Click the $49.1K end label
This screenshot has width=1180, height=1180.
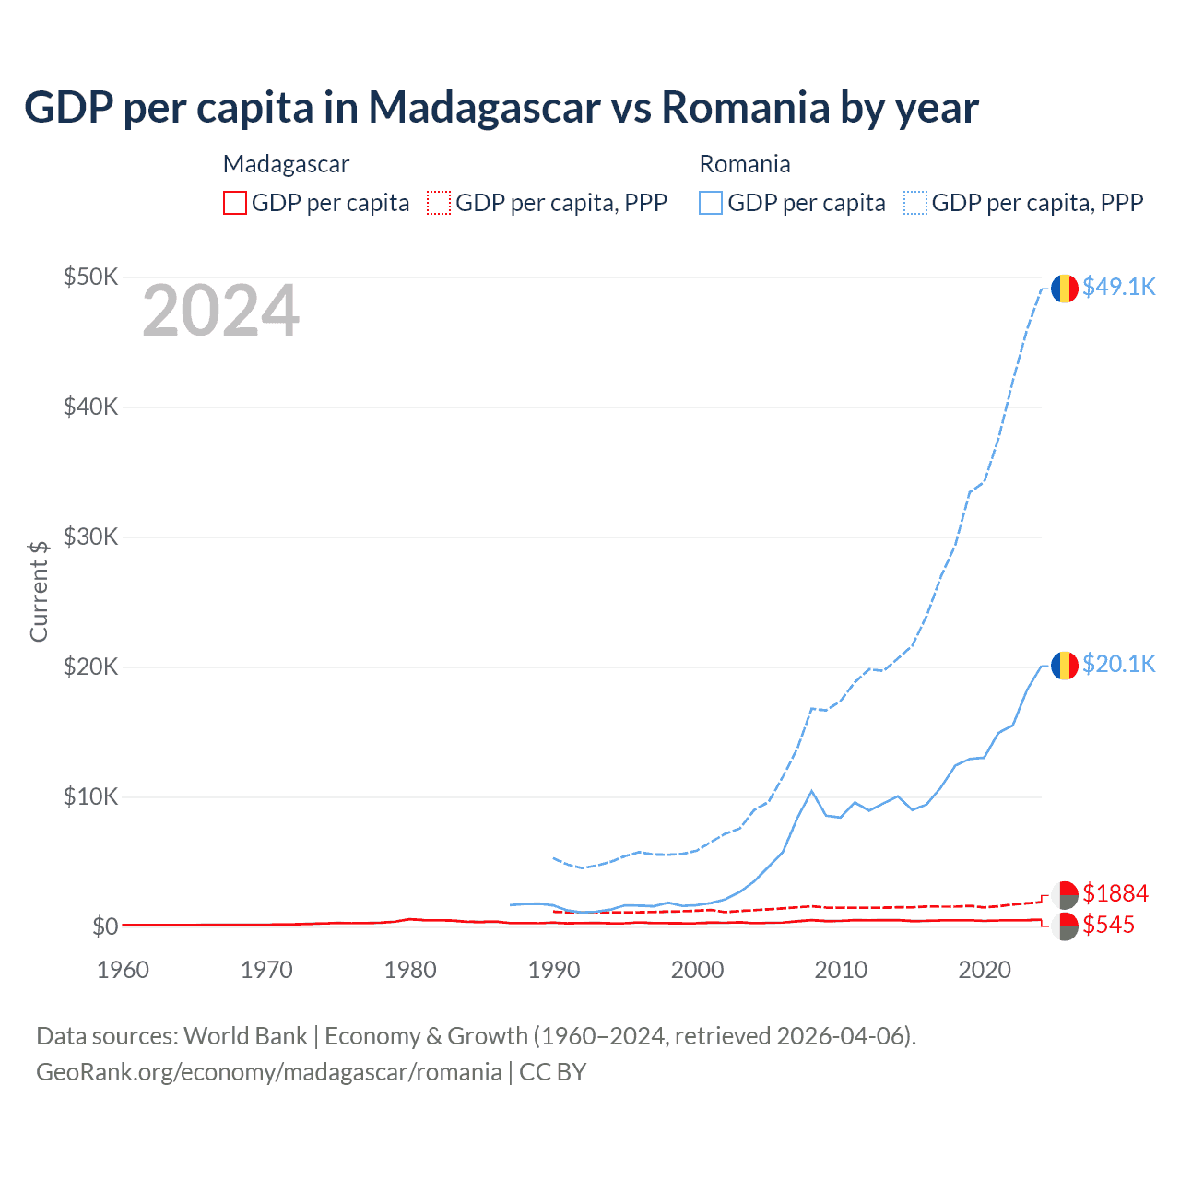pyautogui.click(x=1118, y=287)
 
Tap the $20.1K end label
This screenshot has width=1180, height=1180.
pyautogui.click(x=1118, y=664)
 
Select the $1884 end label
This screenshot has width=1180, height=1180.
pyautogui.click(x=1115, y=893)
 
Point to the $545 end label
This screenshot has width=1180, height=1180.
pyautogui.click(x=1108, y=925)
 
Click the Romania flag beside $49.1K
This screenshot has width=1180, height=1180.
pyautogui.click(x=1065, y=289)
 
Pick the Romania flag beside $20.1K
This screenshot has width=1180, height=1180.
pyautogui.click(x=1065, y=666)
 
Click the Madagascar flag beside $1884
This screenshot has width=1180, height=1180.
pyautogui.click(x=1065, y=895)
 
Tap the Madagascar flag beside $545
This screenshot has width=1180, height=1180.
pyautogui.click(x=1065, y=926)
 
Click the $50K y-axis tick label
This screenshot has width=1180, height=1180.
pyautogui.click(x=90, y=277)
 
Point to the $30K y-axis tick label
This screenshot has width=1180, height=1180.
pyautogui.click(x=90, y=537)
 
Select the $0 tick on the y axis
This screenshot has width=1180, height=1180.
pyautogui.click(x=105, y=926)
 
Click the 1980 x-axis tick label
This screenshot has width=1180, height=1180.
pyautogui.click(x=410, y=970)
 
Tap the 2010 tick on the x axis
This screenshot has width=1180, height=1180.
pyautogui.click(x=841, y=970)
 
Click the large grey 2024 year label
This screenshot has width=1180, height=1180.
pyautogui.click(x=221, y=312)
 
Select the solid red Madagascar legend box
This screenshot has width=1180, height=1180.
pyautogui.click(x=235, y=203)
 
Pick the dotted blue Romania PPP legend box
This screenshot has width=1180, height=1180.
pyautogui.click(x=915, y=203)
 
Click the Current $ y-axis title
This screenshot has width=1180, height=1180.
pyautogui.click(x=39, y=591)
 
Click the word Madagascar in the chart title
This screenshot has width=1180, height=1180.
pyautogui.click(x=485, y=108)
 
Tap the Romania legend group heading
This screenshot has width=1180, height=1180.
pyautogui.click(x=745, y=164)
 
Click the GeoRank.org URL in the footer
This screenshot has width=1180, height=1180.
pyautogui.click(x=268, y=1072)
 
